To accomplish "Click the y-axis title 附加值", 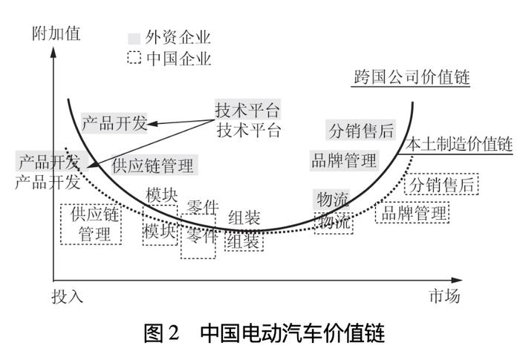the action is pos(56,33).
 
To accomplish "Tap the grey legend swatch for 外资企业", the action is pos(134,38).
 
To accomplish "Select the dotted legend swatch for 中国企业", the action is pos(134,58).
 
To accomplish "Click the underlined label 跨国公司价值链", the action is pos(412,77).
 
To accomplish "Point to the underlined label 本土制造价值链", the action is pos(459,145).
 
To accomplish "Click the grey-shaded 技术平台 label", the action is pos(247,110).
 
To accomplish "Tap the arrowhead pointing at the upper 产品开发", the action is pos(152,124).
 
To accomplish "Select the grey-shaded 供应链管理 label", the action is pos(152,165).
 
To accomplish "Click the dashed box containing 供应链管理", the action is pos(91,224).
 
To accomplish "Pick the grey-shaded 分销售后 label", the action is pos(361,130).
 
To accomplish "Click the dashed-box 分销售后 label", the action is pos(441,184).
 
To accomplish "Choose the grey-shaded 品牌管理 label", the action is pos(344,161).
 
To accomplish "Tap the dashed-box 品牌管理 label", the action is pos(412,213).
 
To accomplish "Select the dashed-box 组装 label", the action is pos(244,241).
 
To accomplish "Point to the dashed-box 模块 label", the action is pos(160,230).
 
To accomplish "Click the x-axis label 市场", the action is pos(444,296).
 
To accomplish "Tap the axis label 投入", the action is pos(68,296).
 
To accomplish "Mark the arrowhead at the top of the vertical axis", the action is pos(53,53).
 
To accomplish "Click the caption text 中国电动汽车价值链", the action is pos(293,333).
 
